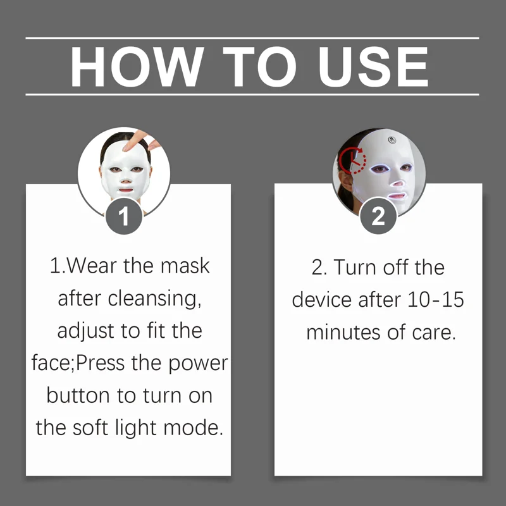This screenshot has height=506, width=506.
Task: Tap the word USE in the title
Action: coord(373,67)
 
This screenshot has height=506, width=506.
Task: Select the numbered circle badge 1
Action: coord(124,216)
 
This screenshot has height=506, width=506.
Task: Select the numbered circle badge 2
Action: coord(378,216)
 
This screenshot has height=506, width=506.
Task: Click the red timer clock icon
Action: coord(352,161)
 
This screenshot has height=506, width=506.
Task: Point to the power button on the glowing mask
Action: coord(392,140)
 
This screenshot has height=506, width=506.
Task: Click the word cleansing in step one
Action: coord(154,299)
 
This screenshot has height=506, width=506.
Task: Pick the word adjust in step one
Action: coord(85,331)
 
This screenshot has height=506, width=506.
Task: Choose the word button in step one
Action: coord(78,396)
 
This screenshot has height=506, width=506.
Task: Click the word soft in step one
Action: coord(90,428)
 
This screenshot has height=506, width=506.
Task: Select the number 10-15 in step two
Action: coord(436,299)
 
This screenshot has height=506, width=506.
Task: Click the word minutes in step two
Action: coord(343,332)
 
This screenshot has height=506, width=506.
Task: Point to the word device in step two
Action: coord(321,299)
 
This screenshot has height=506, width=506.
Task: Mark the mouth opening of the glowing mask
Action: coord(396,196)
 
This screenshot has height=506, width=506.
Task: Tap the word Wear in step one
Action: coord(92,266)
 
